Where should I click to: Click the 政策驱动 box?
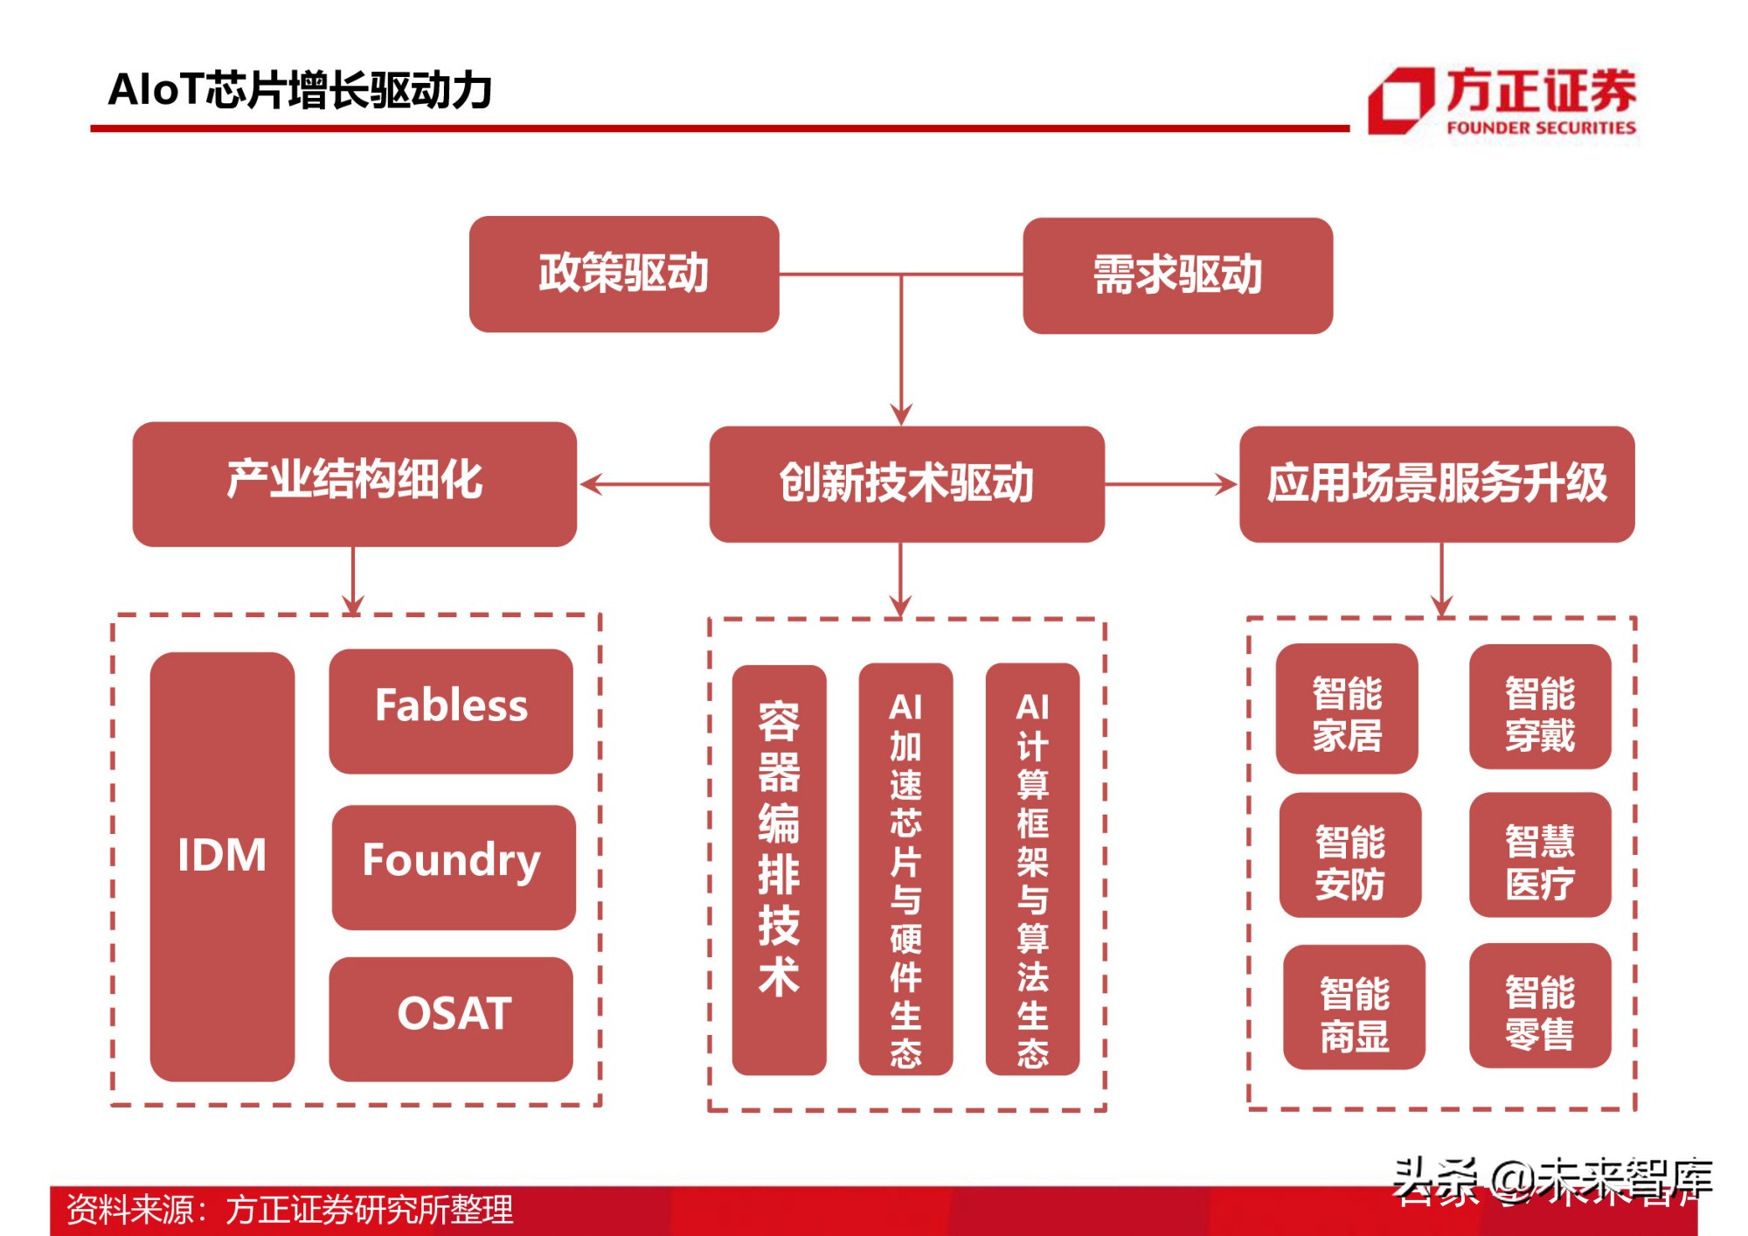pyautogui.click(x=623, y=274)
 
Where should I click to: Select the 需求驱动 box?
pyautogui.click(x=1177, y=275)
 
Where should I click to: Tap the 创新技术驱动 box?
pyautogui.click(x=906, y=483)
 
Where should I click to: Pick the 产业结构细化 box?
pyautogui.click(x=354, y=483)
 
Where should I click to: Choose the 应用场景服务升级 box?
pyautogui.click(x=1436, y=483)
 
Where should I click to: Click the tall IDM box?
pyautogui.click(x=222, y=865)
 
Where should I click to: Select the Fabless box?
pyautogui.click(x=451, y=710)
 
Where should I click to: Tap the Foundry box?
pyautogui.click(x=453, y=865)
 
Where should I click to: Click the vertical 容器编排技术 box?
pyautogui.click(x=779, y=869)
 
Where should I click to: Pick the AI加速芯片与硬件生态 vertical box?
pyautogui.click(x=905, y=869)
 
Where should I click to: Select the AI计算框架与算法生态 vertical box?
pyautogui.click(x=1032, y=869)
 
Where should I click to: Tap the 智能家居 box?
pyautogui.click(x=1346, y=709)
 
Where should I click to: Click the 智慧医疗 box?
pyautogui.click(x=1539, y=854)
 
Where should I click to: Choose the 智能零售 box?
pyautogui.click(x=1539, y=1005)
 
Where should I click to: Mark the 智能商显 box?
pyautogui.click(x=1353, y=1007)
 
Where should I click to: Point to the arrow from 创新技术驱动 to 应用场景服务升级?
pyautogui.click(x=1171, y=483)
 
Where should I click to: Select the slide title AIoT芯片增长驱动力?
pyautogui.click(x=300, y=90)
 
